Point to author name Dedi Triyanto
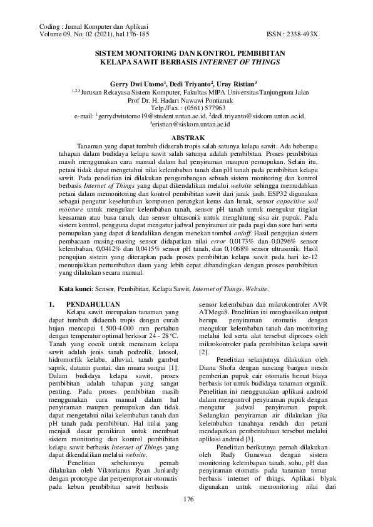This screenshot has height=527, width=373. point(192,83)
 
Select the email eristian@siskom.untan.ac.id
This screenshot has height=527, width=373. point(188,125)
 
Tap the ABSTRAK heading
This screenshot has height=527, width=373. point(186,136)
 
